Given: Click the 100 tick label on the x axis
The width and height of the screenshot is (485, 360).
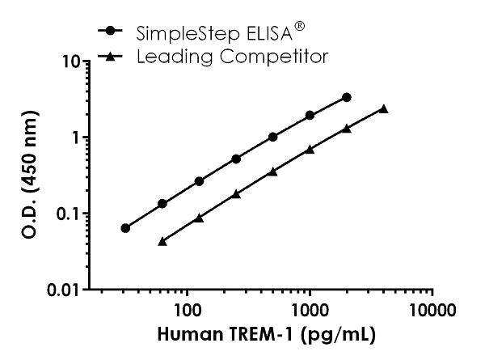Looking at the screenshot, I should [188, 308].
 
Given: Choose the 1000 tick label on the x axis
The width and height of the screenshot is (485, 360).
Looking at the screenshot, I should [310, 308].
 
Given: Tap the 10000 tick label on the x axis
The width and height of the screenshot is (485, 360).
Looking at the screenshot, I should [432, 308].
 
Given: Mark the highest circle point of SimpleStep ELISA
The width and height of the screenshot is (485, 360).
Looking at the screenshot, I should [347, 97].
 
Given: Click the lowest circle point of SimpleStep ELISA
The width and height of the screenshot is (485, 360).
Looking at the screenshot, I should [125, 228].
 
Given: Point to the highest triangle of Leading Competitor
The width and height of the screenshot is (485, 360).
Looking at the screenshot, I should [383, 108].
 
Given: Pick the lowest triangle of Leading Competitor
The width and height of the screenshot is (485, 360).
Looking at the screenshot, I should [162, 241].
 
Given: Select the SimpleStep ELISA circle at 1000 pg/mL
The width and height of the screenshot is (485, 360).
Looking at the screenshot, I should [310, 116].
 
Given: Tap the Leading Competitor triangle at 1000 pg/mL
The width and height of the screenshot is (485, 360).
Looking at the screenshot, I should [310, 149].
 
